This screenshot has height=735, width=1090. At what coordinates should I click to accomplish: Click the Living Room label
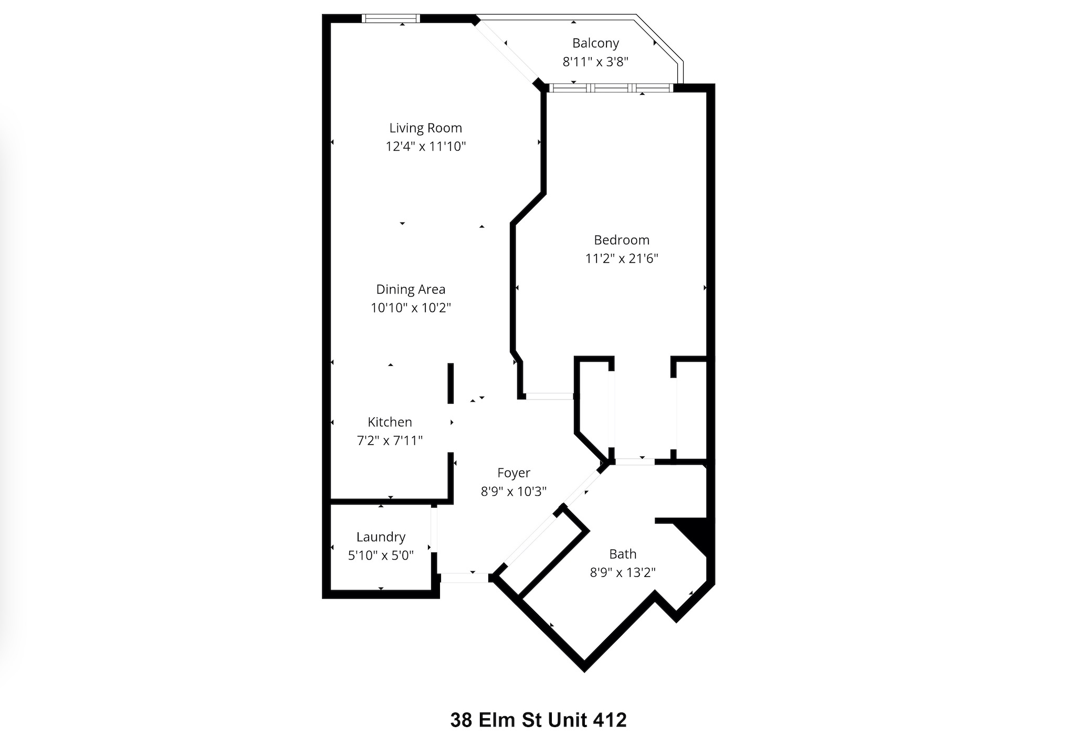[425, 128]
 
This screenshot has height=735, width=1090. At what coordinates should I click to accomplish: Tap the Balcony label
[595, 43]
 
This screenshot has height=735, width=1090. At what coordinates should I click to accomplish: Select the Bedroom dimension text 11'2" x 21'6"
[622, 258]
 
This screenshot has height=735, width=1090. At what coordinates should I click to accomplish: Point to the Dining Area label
[411, 289]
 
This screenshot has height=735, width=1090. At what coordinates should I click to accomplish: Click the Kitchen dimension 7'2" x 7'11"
[390, 440]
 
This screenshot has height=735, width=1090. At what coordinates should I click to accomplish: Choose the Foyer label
[513, 473]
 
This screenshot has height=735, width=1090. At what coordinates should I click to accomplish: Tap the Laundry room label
[381, 537]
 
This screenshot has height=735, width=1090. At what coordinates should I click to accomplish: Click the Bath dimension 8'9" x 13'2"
[623, 572]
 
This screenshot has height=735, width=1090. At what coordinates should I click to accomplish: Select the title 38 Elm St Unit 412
[538, 720]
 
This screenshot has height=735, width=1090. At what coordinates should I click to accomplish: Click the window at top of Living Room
[391, 19]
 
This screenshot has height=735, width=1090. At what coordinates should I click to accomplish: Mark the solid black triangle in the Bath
[693, 535]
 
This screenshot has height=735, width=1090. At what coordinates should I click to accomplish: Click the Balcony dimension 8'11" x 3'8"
[595, 62]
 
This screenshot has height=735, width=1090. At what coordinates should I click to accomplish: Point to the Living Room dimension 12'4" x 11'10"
[425, 146]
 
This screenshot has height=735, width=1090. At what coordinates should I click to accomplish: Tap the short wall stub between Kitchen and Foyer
[450, 383]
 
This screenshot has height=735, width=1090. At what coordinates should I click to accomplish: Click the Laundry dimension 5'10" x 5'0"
[381, 555]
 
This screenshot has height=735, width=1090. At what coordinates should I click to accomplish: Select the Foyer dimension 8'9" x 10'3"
[513, 491]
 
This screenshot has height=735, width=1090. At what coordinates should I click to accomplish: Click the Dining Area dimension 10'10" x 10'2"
[411, 308]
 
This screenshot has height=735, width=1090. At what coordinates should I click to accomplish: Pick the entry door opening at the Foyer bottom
[464, 578]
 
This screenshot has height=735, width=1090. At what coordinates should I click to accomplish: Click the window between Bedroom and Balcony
[611, 88]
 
